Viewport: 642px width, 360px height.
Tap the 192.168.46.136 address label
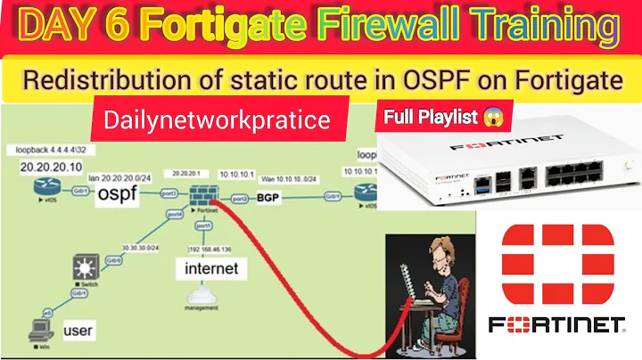click(x=210, y=249)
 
